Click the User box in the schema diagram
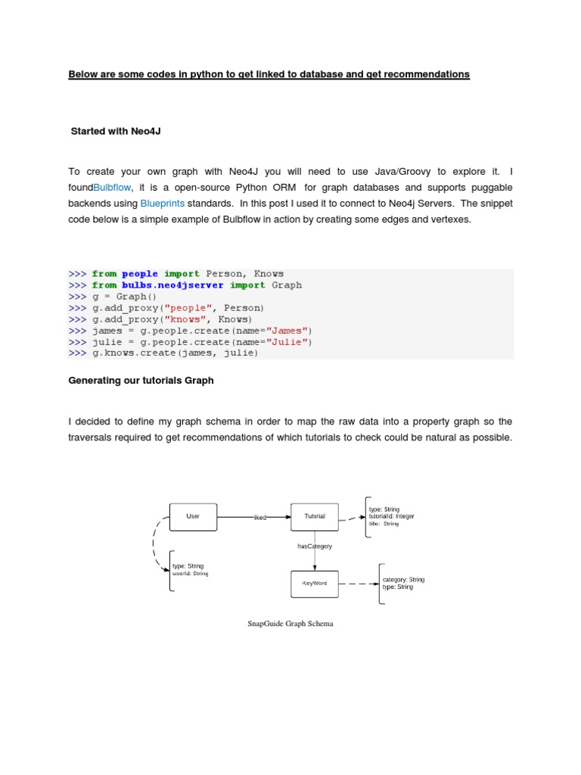[x=194, y=517]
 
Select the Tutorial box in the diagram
[x=315, y=517]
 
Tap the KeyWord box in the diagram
[x=315, y=584]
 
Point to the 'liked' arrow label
[x=259, y=518]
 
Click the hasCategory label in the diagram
[x=315, y=546]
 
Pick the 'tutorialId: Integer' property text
[x=392, y=516]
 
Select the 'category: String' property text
[x=403, y=580]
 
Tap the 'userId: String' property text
[x=190, y=574]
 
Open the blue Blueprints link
[x=163, y=204]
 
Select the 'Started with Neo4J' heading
[x=116, y=131]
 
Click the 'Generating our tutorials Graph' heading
[x=141, y=381]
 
